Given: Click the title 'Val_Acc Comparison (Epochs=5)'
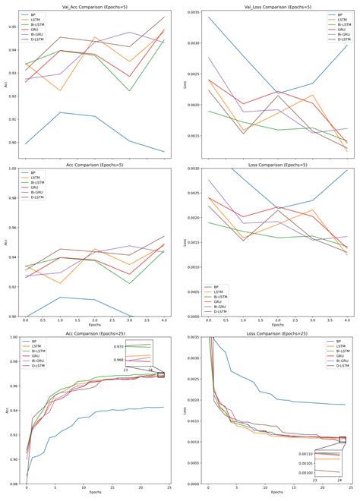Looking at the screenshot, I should coord(97,5).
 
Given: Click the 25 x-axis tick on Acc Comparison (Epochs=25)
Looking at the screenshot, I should coord(169,489).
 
